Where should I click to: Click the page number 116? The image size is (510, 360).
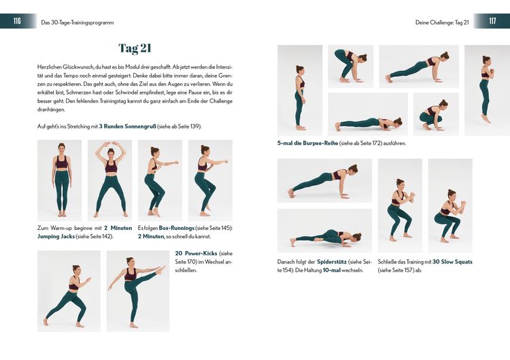coord(17,21)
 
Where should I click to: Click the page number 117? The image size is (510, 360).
coord(492,21)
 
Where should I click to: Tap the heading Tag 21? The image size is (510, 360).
coord(135,48)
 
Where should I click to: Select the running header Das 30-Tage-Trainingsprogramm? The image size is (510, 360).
coord(78,22)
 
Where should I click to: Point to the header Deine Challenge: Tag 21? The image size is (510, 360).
coord(442,22)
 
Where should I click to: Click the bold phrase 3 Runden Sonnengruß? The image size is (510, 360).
coord(128,127)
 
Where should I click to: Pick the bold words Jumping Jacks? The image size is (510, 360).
coord(56,237)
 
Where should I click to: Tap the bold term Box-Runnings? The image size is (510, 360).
coord(176,228)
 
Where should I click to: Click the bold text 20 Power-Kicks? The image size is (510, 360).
coord(196,253)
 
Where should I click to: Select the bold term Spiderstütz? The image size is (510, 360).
coord(331,262)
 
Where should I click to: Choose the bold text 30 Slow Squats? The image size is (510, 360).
coord(452,262)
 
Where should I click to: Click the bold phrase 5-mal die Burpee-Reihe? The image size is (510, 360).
coord(307,143)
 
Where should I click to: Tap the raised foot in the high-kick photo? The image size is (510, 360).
coord(161,270)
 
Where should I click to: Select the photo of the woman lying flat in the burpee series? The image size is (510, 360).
coord(368,114)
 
